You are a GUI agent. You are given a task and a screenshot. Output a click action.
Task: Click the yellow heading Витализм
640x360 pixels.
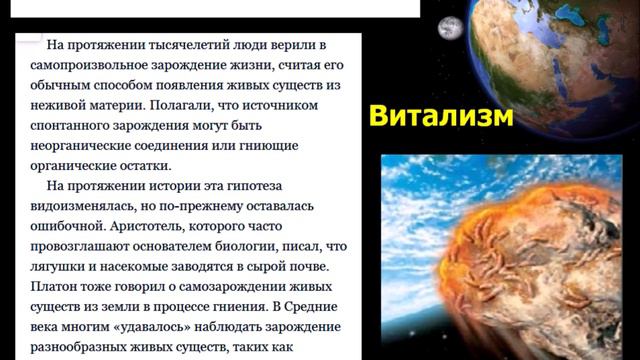[441, 115]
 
